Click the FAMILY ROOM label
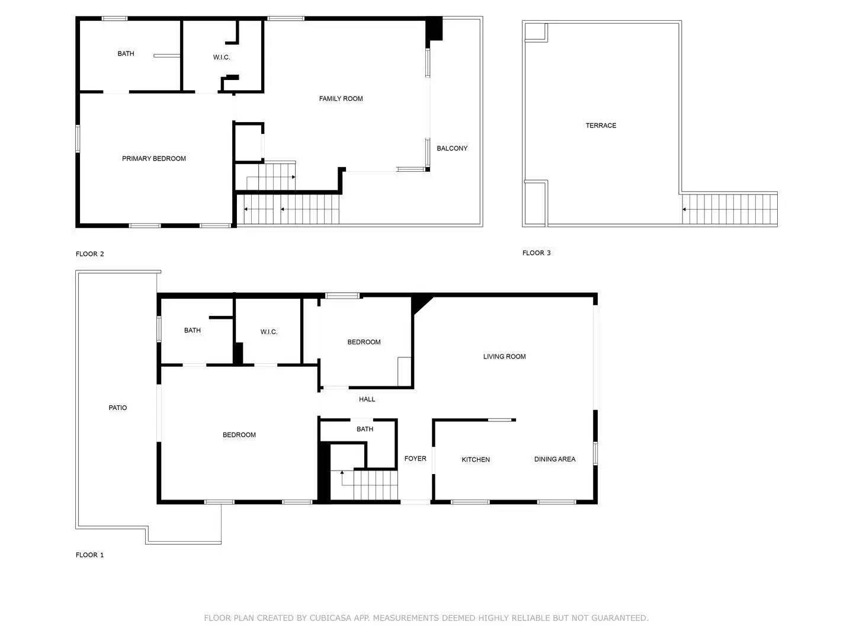coord(341,99)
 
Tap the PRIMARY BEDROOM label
coord(154,159)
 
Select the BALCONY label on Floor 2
coord(452,149)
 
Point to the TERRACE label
coord(601,126)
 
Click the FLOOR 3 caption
coord(536,253)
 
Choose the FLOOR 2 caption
coord(89,254)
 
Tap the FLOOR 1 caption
coord(89,555)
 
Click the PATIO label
coord(118,408)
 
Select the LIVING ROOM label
coord(504,357)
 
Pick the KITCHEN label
coord(476,460)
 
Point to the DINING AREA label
coord(554,459)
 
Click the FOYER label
coord(415,459)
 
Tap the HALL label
coord(367,399)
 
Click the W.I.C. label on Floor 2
coord(222,57)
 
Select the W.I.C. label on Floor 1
coord(269,332)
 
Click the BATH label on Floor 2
coord(126,54)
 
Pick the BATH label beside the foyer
coord(365,429)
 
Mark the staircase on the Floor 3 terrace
coord(729,209)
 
